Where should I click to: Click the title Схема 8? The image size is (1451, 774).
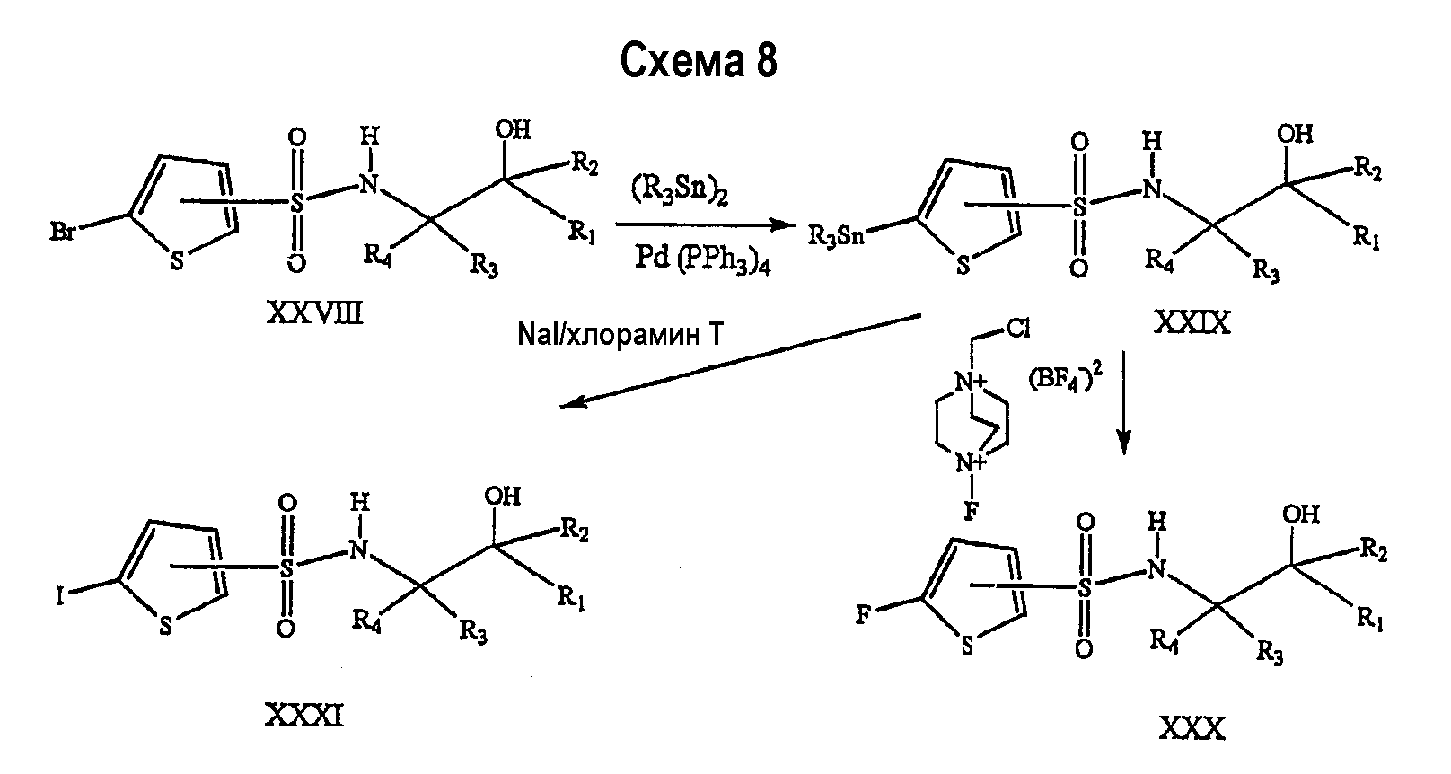point(699,61)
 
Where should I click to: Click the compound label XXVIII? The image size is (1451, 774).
point(315,314)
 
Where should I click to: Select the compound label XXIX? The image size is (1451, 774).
point(1192,322)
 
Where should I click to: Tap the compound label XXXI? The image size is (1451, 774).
point(304,716)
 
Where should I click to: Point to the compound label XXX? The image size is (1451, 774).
point(1192,729)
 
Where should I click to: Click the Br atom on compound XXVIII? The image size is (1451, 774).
point(62,232)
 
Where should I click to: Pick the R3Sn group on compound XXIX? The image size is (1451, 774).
point(836,237)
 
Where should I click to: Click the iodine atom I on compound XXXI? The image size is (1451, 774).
point(60,594)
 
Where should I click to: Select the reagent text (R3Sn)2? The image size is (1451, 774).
point(680,191)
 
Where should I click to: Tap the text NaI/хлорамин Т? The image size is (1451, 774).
point(620,335)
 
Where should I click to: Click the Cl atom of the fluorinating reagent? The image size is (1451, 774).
point(1017,329)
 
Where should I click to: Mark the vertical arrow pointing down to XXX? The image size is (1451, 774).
point(1123,402)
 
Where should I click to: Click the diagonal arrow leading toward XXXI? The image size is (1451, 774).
point(741,361)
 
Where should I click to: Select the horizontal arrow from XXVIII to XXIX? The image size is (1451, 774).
point(706,224)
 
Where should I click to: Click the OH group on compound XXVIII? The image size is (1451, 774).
point(513,129)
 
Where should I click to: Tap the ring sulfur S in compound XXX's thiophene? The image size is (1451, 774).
point(967,646)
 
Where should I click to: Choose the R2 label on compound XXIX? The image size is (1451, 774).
point(1367,171)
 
